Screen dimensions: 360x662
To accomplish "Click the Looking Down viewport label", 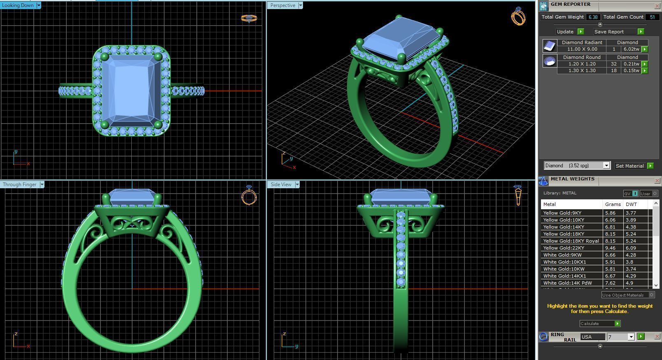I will [18, 5].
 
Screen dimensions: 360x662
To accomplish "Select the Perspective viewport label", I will [283, 5].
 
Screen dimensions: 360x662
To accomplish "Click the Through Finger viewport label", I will [20, 185].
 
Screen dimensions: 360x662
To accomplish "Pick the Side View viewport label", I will [281, 185].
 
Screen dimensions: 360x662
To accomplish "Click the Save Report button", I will [609, 32].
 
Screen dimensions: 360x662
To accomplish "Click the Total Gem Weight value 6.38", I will [593, 17].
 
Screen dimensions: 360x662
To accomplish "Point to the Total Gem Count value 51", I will [652, 17].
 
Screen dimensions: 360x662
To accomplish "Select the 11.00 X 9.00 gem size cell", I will [582, 49].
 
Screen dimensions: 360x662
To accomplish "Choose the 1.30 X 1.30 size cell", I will [582, 70].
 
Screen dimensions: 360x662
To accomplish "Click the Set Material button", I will [629, 166].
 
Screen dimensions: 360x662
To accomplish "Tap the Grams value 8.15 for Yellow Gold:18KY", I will [613, 234].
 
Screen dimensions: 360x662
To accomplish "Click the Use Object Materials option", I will [622, 295].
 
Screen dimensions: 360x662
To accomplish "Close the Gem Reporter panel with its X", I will [657, 6].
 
